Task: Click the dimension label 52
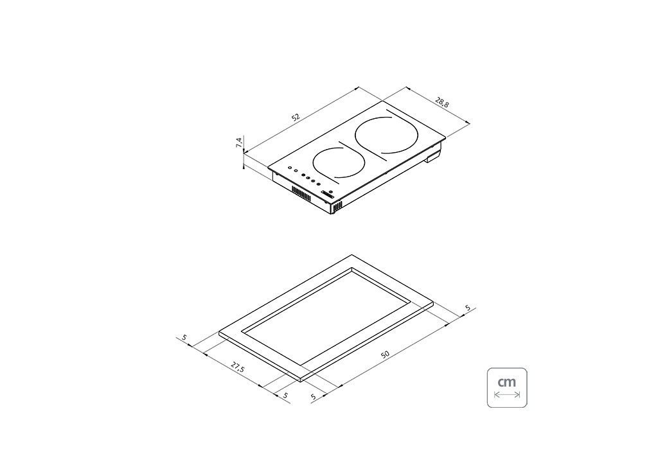(x=296, y=118)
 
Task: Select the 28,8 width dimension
(x=441, y=102)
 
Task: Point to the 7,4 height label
(x=239, y=142)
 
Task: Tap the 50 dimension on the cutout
(x=385, y=355)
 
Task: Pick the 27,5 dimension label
(x=237, y=368)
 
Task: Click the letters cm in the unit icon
(x=506, y=382)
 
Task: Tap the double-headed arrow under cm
(x=507, y=394)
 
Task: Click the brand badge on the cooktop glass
(x=328, y=194)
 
